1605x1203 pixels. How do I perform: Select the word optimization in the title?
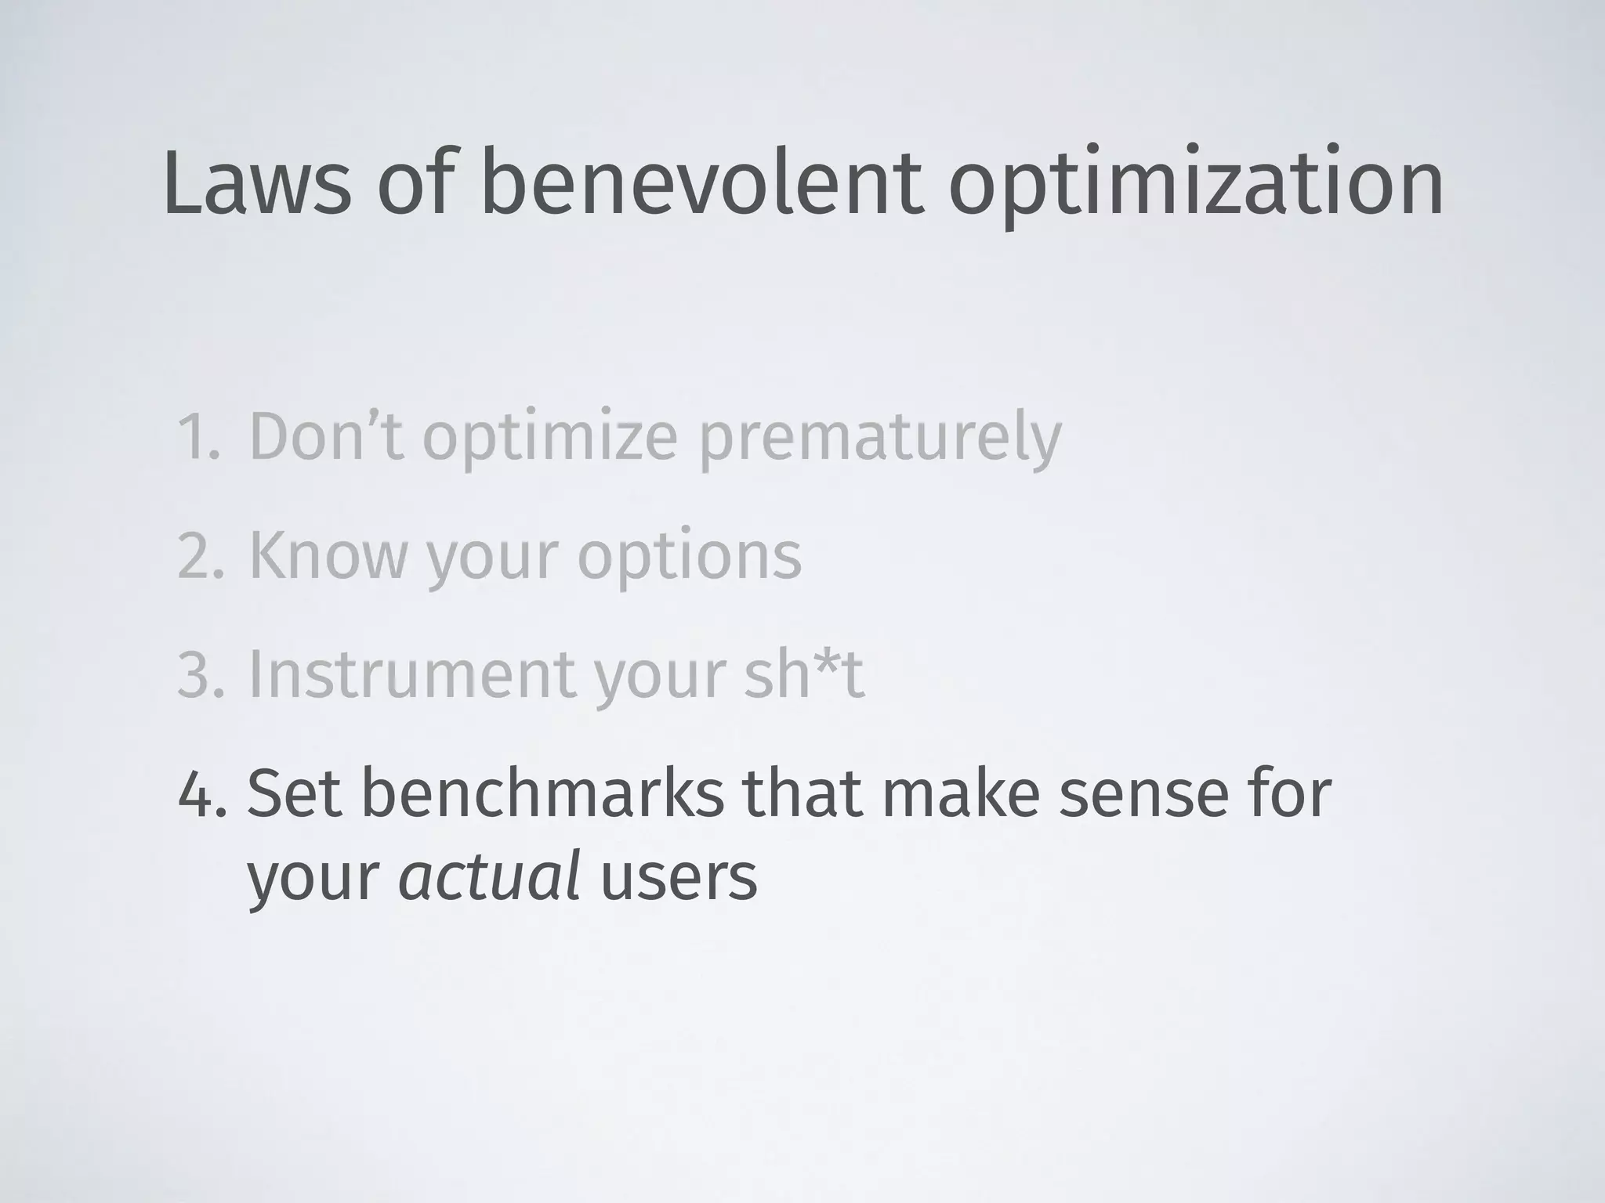pos(1196,188)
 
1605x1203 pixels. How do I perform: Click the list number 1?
pos(197,437)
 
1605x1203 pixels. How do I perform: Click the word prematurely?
pos(879,440)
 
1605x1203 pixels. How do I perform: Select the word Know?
pos(328,555)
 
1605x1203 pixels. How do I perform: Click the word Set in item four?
pos(295,793)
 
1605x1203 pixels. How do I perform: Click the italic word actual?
pos(490,877)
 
